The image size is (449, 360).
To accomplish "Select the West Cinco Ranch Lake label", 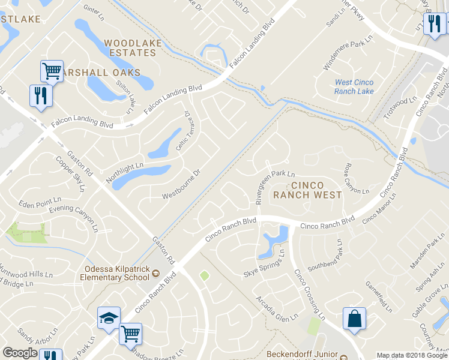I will point(354,86).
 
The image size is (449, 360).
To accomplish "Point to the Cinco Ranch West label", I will point(307,190).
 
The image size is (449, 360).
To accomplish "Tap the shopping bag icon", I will point(354,317).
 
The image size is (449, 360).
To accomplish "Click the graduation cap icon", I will point(109,317).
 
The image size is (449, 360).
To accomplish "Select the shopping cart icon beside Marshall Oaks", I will point(52,71).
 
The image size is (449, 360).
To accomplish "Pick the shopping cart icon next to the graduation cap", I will point(130,333).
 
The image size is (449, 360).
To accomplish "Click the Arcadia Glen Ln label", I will point(277,308).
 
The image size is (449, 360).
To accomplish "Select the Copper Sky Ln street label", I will point(70,173).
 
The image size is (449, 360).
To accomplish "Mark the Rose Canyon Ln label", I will point(356,179).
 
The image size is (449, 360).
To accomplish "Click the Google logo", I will point(20,353).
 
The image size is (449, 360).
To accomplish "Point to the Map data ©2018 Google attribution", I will point(412,355).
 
